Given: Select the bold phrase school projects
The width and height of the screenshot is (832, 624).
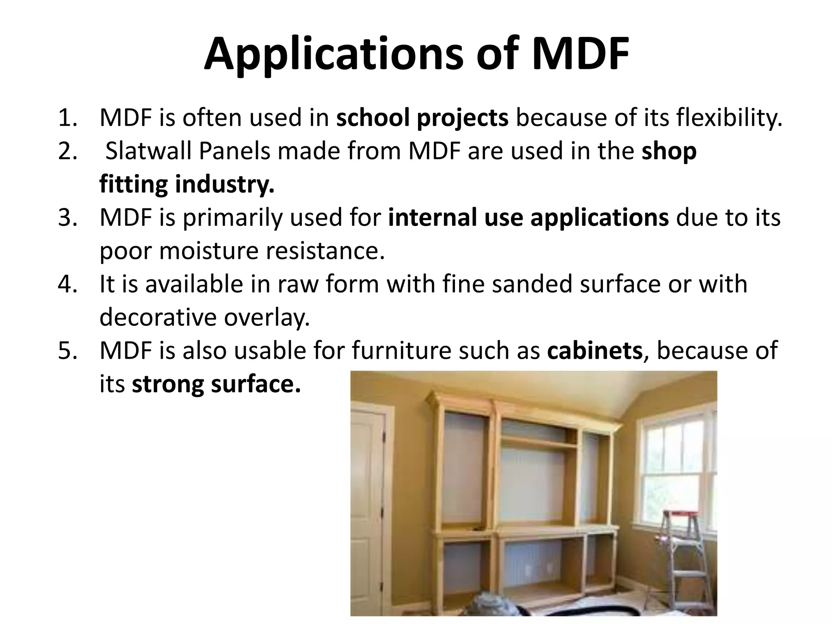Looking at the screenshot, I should [x=422, y=118].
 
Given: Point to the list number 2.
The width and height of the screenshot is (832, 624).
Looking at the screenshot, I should [x=67, y=152].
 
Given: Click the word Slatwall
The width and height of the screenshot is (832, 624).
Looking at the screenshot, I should [x=148, y=152].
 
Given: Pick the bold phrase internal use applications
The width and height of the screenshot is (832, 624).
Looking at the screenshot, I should [x=528, y=218].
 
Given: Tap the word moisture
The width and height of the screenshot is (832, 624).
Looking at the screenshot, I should [x=208, y=251].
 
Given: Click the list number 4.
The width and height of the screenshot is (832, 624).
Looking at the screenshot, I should [x=67, y=284].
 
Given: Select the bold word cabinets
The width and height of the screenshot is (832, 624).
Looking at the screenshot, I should [x=594, y=351].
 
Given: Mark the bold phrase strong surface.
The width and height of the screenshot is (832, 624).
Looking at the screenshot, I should [x=217, y=384].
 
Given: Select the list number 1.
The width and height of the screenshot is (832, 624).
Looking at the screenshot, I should [x=67, y=118].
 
